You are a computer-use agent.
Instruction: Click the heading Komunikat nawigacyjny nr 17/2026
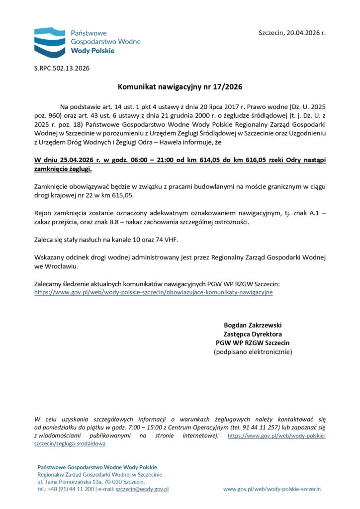click(x=180, y=87)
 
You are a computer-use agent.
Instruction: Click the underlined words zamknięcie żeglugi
click(x=63, y=170)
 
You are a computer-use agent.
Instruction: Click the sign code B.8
click(x=132, y=222)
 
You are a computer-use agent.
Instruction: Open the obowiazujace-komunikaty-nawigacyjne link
click(x=153, y=293)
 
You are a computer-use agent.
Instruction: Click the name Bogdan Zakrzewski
click(x=252, y=325)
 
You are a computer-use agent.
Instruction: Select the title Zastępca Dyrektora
click(x=252, y=334)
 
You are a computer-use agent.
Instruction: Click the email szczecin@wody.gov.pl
click(x=142, y=489)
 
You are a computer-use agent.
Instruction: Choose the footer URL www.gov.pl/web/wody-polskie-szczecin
click(x=271, y=489)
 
